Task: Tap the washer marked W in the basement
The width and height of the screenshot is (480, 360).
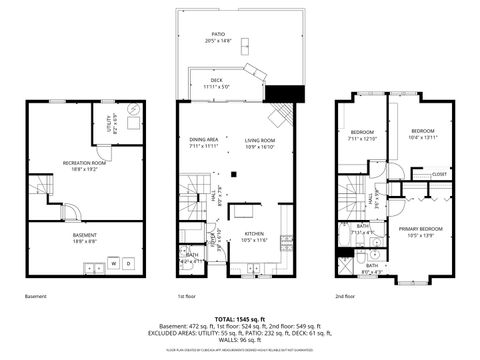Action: (x=113, y=264)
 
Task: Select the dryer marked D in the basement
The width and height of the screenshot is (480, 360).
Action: (x=130, y=264)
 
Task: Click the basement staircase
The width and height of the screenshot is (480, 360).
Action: (x=40, y=187)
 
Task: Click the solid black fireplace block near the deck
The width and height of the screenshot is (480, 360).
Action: (x=277, y=93)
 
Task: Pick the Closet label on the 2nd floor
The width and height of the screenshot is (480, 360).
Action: (x=440, y=174)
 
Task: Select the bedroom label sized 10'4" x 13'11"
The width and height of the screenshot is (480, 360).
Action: (x=425, y=132)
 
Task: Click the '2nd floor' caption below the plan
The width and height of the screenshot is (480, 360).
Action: (x=346, y=297)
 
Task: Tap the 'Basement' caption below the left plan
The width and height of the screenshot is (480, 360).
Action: (x=36, y=297)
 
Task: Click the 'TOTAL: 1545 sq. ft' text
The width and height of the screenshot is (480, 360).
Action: (x=240, y=317)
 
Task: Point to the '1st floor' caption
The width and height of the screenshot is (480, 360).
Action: (x=186, y=297)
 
